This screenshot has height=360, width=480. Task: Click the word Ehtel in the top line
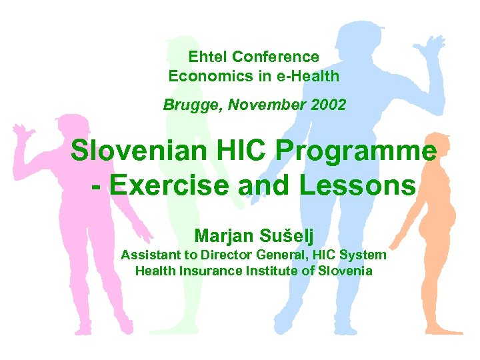[x=205, y=57]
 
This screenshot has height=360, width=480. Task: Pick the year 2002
[x=327, y=105]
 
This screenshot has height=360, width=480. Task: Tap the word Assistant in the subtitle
[x=150, y=255]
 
